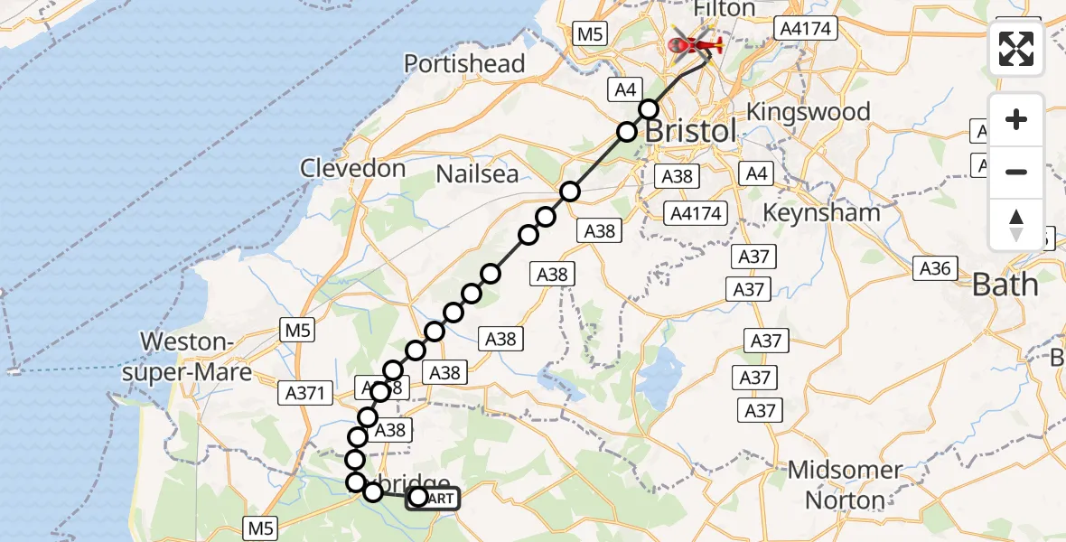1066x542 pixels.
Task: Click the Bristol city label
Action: pos(690,130)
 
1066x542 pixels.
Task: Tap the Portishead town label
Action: pos(464,63)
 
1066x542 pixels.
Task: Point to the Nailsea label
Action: pos(477,173)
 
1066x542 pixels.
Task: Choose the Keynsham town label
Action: pos(821,213)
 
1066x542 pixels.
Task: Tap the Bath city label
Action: pos(1005,285)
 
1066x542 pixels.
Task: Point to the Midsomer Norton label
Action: pos(845,485)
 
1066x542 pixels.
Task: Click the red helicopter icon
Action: pos(693,42)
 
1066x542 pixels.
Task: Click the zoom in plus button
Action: pos(1016,119)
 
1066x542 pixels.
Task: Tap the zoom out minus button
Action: pos(1016,172)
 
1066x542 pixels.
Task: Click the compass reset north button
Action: pos(1016,224)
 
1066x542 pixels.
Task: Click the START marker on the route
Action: pos(434,498)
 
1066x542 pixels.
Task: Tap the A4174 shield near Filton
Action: pos(806,30)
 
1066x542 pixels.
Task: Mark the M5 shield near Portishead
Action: pos(589,34)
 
